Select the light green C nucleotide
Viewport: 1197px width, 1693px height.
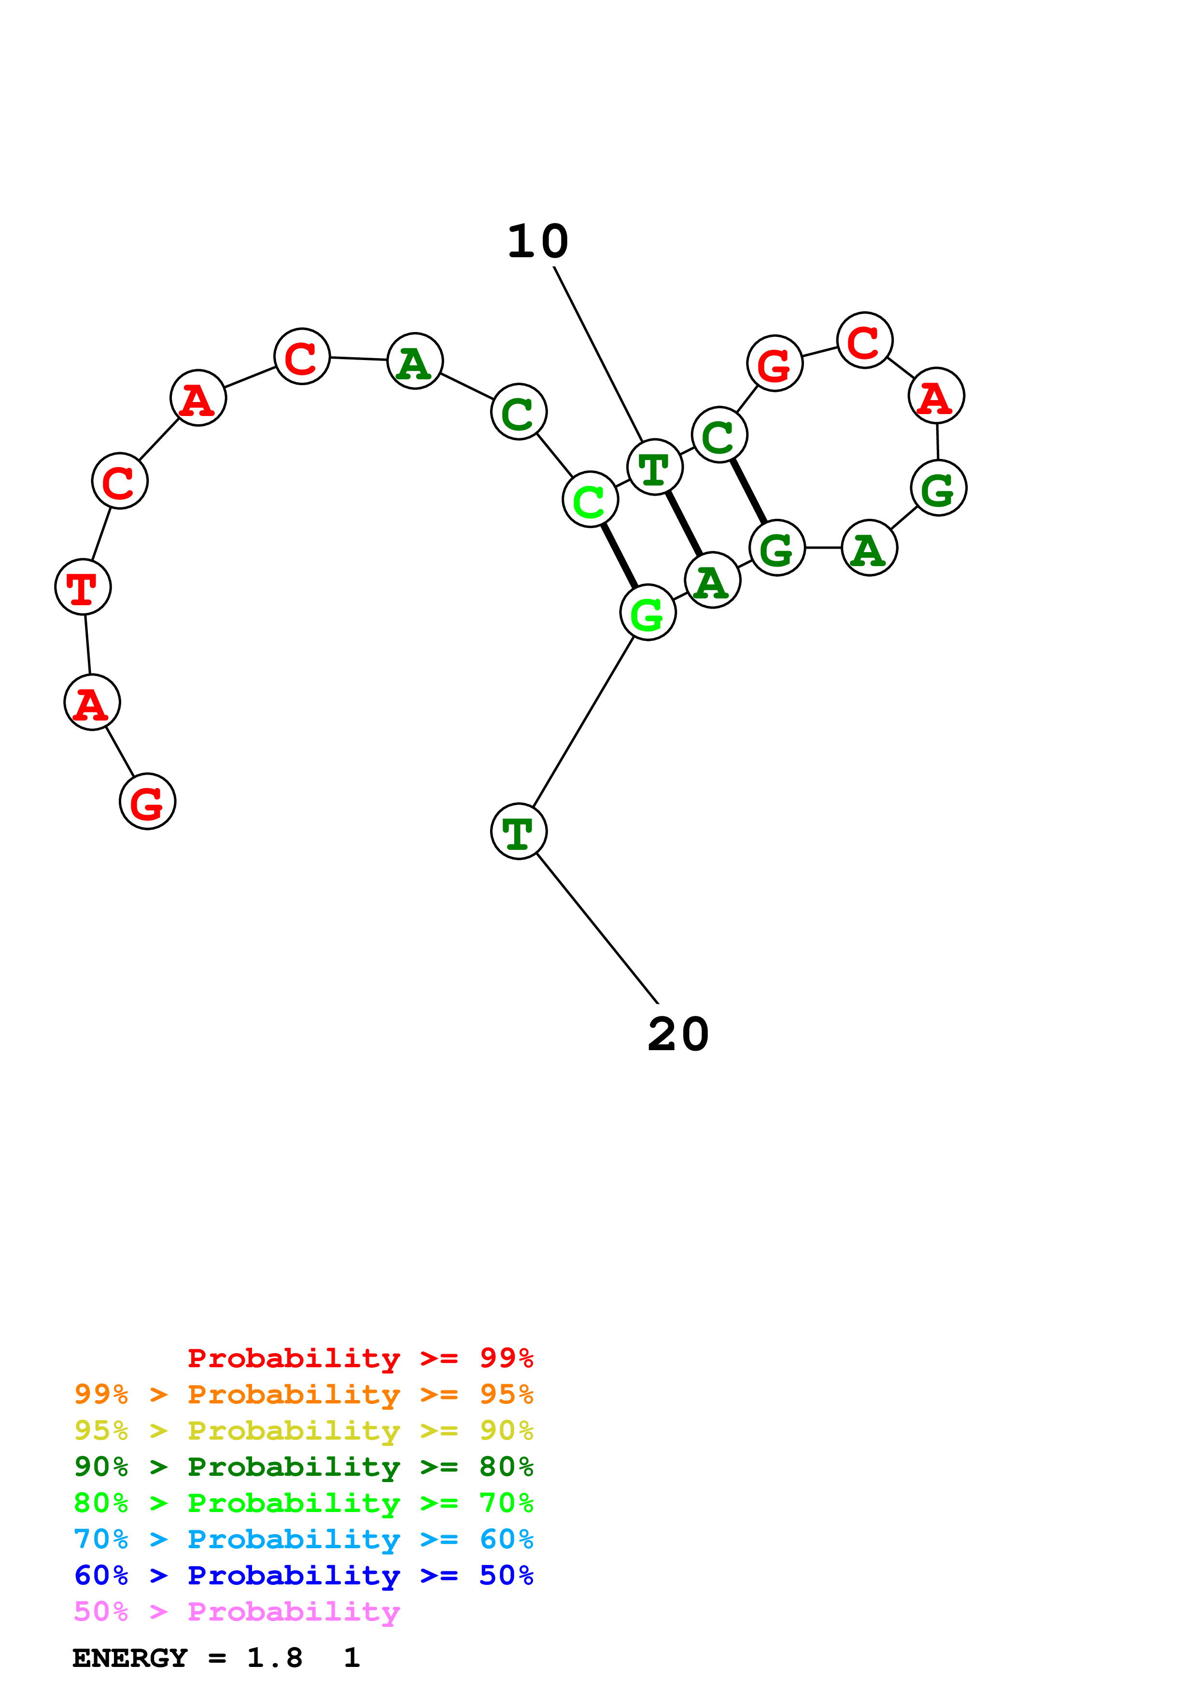click(x=589, y=500)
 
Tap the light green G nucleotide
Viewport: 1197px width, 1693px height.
click(x=648, y=613)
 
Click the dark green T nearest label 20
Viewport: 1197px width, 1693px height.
click(x=519, y=831)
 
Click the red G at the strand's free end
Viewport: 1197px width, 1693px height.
click(x=147, y=802)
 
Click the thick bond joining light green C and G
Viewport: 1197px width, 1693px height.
click(x=619, y=556)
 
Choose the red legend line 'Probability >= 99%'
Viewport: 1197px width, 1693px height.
click(x=360, y=1358)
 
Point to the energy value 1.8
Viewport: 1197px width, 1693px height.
click(x=274, y=1658)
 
